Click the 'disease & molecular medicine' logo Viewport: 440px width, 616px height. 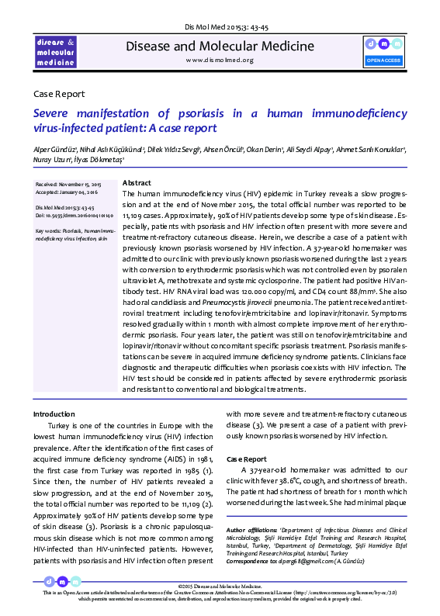click(x=55, y=50)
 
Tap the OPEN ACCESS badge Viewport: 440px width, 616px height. click(x=383, y=49)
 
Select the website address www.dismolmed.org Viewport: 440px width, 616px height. click(x=220, y=60)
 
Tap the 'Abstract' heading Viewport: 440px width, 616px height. click(x=137, y=181)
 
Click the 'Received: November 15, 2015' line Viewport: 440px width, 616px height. click(x=68, y=185)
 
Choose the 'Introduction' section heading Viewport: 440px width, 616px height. click(x=54, y=414)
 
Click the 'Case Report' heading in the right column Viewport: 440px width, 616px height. click(x=246, y=459)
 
